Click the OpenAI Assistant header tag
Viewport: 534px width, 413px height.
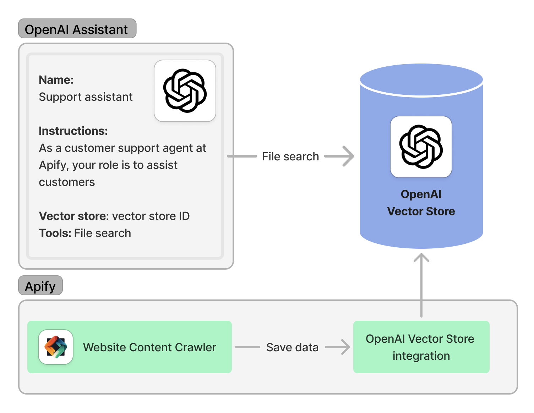[x=77, y=29]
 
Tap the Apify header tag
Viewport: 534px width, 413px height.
[x=40, y=286]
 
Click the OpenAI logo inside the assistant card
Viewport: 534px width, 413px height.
[x=185, y=91]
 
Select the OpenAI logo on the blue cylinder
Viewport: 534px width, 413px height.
[x=421, y=147]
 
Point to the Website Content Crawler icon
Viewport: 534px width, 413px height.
[x=56, y=347]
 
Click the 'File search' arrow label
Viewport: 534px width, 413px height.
[x=290, y=156]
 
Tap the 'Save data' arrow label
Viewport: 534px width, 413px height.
[x=292, y=347]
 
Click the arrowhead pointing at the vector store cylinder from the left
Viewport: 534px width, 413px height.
[x=348, y=156]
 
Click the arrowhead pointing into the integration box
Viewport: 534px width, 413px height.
[x=344, y=347]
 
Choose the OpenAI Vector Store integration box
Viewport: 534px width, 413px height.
[x=421, y=347]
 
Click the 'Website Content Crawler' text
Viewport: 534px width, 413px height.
[x=149, y=347]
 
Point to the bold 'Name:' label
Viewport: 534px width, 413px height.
[x=56, y=80]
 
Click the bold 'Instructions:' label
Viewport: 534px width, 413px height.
[x=73, y=131]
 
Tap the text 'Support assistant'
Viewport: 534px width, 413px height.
[x=86, y=97]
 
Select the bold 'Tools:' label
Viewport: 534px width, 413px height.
[x=55, y=233]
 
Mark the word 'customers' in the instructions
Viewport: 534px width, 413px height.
[x=67, y=182]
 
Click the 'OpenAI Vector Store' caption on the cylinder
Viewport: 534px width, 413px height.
[x=421, y=203]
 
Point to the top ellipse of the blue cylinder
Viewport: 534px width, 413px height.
[x=421, y=79]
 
